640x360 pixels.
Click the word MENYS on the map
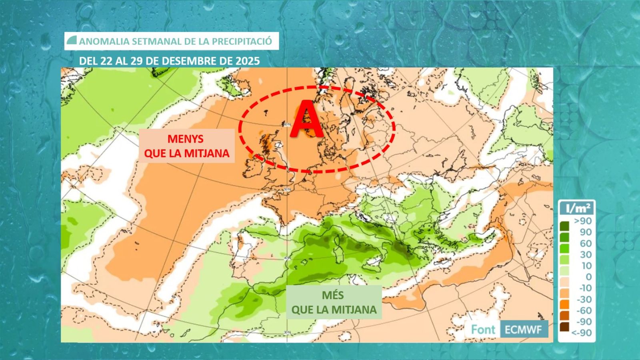tap(185, 139)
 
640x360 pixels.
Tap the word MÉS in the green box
tap(333, 296)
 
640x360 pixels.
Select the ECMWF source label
tap(523, 330)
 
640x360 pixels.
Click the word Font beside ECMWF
tap(483, 330)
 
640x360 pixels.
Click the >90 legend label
tap(583, 221)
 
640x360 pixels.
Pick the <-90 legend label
tap(582, 333)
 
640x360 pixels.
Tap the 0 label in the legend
tap(588, 277)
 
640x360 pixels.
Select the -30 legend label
tap(584, 299)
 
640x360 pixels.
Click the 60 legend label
tap(586, 243)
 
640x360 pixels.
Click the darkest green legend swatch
tap(564, 226)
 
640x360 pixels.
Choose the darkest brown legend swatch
tap(564, 327)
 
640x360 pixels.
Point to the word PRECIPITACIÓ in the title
tap(242, 41)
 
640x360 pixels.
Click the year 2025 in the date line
tap(248, 61)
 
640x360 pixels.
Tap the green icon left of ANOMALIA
tap(72, 40)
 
